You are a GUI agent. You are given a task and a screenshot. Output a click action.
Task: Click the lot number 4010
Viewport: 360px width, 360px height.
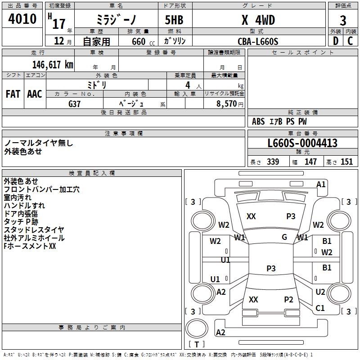[22, 19]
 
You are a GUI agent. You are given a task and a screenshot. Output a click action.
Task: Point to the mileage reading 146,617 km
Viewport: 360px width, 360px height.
[52, 65]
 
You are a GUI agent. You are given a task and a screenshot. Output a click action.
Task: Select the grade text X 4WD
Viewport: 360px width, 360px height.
[258, 20]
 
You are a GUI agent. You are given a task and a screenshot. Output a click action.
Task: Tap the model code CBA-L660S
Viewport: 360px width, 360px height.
[258, 41]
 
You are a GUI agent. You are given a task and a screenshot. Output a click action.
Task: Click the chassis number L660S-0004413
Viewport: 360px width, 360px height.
[302, 143]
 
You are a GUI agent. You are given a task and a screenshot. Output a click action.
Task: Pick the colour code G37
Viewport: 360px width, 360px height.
[75, 103]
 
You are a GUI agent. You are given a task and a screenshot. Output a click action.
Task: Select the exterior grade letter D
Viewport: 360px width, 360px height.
[335, 41]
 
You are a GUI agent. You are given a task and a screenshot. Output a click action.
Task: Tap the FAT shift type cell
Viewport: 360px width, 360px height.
[13, 94]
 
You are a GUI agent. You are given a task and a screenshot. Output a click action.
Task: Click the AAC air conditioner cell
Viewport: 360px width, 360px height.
[35, 94]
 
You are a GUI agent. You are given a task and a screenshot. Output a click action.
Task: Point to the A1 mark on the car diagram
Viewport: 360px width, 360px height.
[321, 184]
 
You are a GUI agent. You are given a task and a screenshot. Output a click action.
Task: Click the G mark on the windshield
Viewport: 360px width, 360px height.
[284, 237]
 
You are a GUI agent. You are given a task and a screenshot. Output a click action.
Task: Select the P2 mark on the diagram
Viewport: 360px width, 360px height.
[288, 300]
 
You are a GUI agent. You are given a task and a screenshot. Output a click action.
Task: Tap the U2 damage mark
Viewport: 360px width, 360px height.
[320, 292]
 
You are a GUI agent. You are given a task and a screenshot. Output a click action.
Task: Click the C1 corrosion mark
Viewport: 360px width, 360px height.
[320, 308]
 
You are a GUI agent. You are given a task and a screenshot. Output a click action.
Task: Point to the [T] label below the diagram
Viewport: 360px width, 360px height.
[197, 345]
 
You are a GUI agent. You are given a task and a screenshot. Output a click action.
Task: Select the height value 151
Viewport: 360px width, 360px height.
[346, 162]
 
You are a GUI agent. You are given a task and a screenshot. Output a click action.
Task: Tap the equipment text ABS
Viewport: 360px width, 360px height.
[258, 121]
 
